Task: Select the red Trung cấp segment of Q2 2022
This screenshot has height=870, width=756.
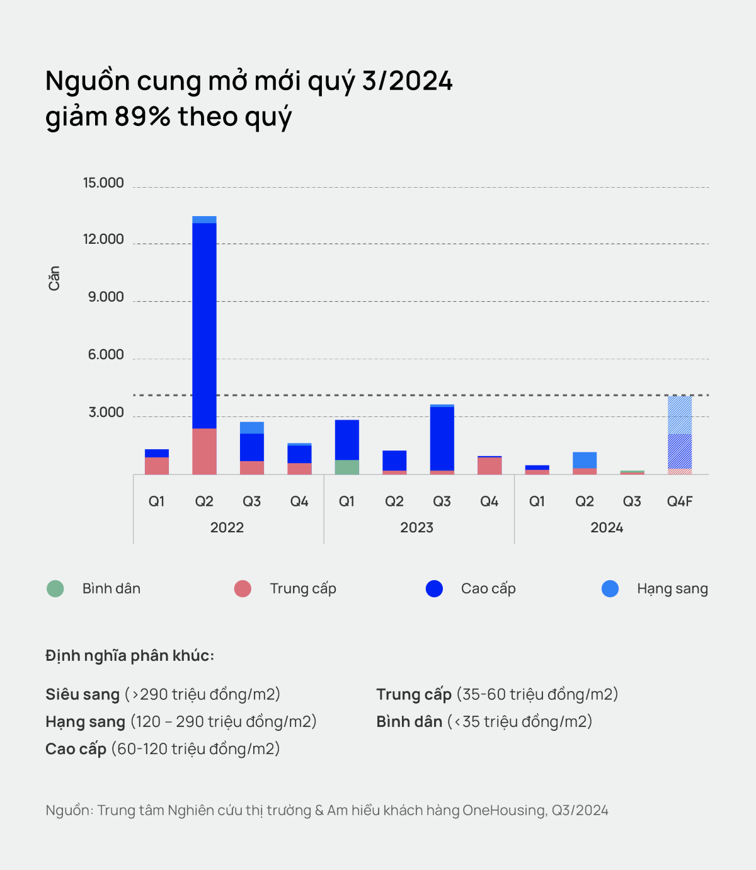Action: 204,451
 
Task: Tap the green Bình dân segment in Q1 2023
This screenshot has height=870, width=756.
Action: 347,467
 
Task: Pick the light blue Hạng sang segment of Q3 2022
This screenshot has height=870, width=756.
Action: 252,428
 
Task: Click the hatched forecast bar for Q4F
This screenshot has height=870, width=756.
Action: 680,435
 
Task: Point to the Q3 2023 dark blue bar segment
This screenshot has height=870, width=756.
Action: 442,438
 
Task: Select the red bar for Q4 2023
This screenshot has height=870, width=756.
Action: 490,466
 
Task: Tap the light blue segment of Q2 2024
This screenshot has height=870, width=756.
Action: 585,460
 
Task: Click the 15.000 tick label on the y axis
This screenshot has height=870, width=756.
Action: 103,183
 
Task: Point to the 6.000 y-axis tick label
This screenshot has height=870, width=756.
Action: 106,355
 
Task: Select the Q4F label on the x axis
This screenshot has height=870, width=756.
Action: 680,501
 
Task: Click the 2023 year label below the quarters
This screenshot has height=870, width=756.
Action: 417,528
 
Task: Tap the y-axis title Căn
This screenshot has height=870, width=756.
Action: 54,278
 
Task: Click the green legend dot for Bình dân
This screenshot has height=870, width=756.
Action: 55,589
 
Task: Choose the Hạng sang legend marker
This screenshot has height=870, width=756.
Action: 610,589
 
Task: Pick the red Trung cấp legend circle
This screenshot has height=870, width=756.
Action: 243,589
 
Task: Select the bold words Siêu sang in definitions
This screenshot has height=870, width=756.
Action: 83,694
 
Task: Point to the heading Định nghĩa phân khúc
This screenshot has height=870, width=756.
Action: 130,656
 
